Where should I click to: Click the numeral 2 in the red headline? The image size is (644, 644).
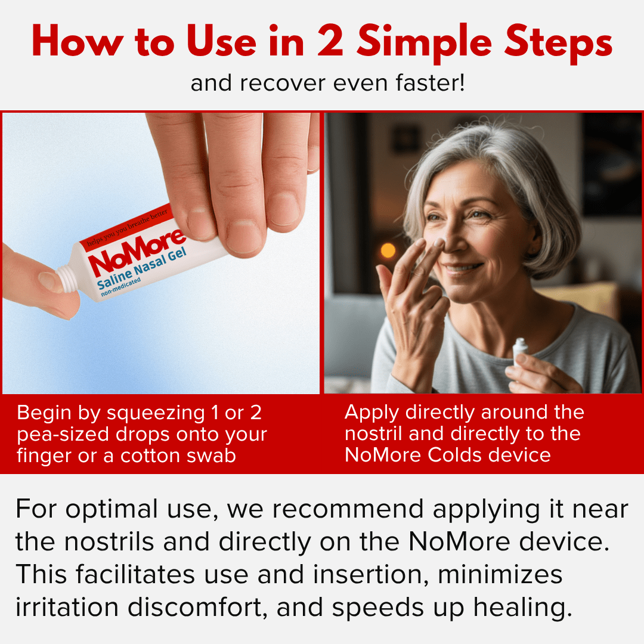point(338,43)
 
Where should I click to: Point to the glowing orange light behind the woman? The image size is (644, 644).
point(388,250)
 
